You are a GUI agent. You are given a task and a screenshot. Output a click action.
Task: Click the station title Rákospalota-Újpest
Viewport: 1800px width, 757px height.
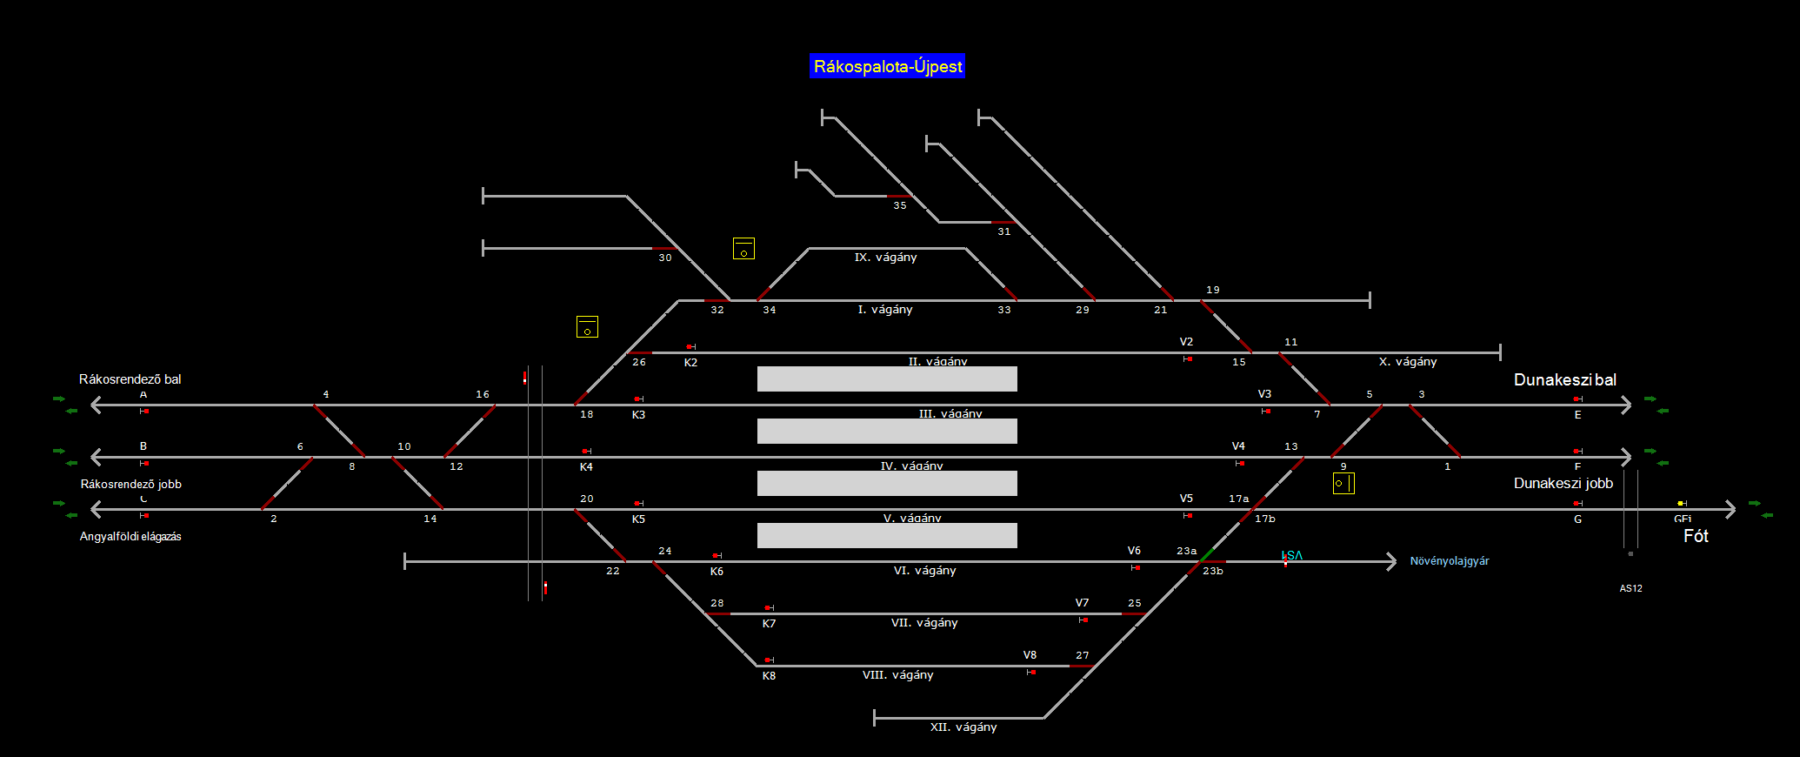(x=887, y=66)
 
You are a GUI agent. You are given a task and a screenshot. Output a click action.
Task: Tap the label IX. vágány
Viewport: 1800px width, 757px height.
(x=885, y=258)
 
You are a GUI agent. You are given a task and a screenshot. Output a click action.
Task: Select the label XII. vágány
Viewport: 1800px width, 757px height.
(x=963, y=727)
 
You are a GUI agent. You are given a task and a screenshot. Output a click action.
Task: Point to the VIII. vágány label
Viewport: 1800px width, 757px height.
(x=897, y=675)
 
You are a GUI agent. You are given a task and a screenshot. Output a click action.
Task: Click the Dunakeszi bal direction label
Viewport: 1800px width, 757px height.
(x=1565, y=380)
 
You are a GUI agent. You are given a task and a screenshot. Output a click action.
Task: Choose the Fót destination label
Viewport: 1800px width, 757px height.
(x=1696, y=536)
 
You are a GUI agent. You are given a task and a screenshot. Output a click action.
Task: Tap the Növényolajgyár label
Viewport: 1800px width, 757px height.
(x=1450, y=561)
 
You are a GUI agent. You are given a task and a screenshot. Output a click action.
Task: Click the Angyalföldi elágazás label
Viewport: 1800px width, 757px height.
(x=130, y=537)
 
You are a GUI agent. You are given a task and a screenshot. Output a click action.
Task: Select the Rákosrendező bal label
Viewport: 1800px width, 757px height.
(x=130, y=379)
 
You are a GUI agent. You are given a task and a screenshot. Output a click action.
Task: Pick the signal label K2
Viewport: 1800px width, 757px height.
(x=690, y=363)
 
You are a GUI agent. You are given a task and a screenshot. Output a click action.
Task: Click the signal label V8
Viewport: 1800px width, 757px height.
(x=1030, y=655)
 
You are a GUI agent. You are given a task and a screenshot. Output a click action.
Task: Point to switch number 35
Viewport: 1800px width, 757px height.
(x=900, y=206)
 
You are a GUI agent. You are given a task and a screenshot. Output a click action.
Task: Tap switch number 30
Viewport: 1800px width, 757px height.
(x=665, y=258)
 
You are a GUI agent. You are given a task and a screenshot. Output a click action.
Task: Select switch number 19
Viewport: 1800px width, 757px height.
(x=1213, y=290)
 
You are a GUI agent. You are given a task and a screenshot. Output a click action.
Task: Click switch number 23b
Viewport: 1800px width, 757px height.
(x=1213, y=572)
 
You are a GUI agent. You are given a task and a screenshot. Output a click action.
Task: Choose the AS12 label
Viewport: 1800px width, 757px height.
(x=1630, y=589)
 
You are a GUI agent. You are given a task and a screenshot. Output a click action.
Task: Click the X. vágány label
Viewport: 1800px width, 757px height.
(x=1408, y=362)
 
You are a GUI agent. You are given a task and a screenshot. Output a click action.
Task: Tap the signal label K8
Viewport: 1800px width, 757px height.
(x=769, y=676)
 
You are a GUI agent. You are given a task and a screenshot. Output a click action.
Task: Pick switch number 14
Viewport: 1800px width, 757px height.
(x=430, y=519)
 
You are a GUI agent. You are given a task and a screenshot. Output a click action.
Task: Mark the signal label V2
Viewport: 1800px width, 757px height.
(x=1186, y=342)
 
